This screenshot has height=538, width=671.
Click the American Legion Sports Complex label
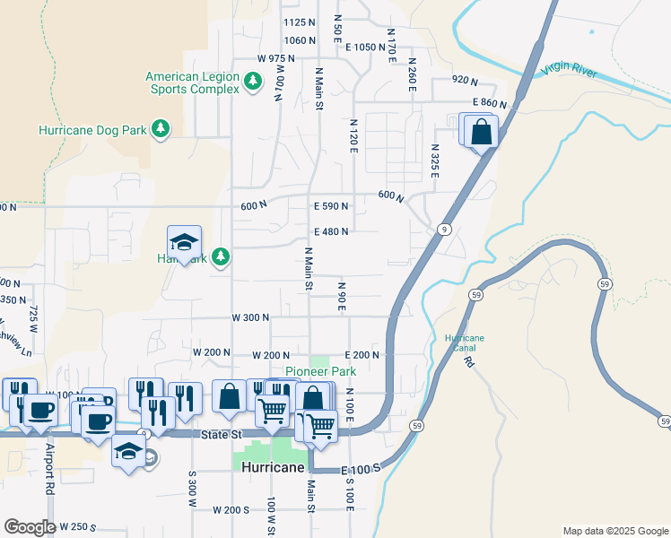click(192, 82)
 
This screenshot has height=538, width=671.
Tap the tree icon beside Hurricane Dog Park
click(161, 130)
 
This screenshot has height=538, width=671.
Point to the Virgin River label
click(569, 71)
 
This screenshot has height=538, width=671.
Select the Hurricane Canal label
click(465, 343)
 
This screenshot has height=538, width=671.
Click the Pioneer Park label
click(320, 371)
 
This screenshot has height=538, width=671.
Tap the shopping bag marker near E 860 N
click(481, 132)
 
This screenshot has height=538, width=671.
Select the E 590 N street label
click(330, 206)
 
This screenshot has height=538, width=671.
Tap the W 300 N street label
click(250, 317)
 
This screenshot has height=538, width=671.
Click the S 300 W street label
click(192, 489)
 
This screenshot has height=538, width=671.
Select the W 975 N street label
click(276, 58)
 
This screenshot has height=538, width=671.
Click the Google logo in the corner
click(30, 527)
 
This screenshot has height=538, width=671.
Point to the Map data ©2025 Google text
click(614, 531)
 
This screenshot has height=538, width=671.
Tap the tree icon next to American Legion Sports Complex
click(254, 82)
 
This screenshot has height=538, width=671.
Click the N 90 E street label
click(342, 296)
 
